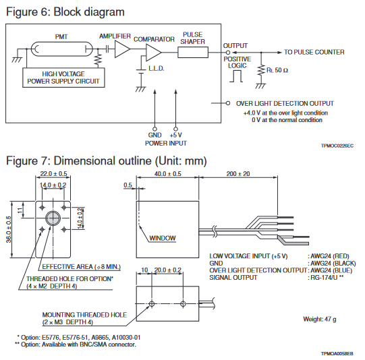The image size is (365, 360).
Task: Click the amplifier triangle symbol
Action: (121, 49)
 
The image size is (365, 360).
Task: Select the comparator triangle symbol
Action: (152, 53)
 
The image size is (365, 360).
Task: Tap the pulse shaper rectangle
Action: (193, 53)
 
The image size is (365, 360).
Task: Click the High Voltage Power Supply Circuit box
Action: (63, 78)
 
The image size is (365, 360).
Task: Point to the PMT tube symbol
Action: (61, 49)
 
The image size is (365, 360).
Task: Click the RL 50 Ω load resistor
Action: (261, 70)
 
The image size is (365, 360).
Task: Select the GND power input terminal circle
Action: (155, 129)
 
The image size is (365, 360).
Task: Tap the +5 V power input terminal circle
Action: (175, 129)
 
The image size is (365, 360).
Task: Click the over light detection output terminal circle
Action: (228, 103)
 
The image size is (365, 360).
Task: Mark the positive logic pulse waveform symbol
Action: (236, 76)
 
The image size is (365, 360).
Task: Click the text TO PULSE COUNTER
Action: (314, 52)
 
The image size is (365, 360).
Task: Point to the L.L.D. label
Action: (157, 69)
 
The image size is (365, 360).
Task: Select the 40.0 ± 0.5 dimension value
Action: (168, 174)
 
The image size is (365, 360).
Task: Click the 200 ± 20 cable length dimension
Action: (238, 174)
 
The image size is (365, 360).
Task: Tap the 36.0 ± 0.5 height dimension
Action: (9, 229)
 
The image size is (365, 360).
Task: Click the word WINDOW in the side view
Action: (163, 238)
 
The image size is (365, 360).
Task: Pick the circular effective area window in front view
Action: (53, 218)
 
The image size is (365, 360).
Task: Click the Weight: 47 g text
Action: (320, 320)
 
